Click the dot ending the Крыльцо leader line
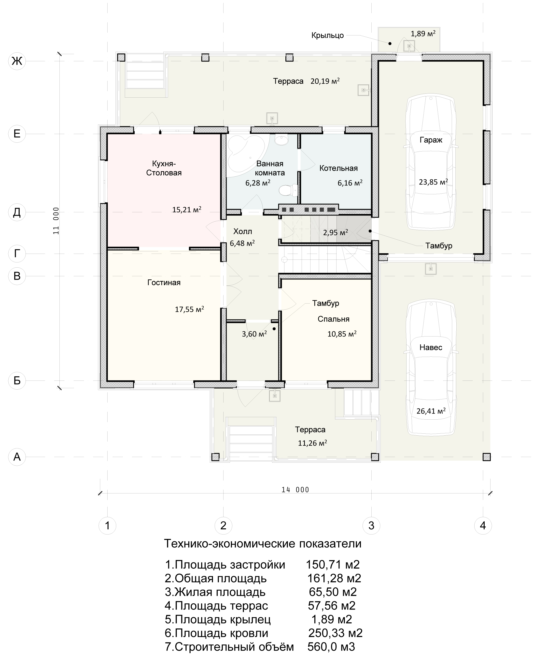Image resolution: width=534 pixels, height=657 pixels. [390, 44]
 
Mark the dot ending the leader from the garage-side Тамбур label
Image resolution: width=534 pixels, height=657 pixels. [370, 231]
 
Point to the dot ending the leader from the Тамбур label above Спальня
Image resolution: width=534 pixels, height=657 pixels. [274, 329]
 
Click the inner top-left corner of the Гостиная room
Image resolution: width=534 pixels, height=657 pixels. [107, 250]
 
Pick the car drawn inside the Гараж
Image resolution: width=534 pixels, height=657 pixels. [431, 163]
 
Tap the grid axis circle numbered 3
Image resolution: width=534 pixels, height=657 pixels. [371, 525]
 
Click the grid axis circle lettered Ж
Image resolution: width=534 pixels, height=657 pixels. [17, 61]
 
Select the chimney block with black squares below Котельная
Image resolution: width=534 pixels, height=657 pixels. [309, 210]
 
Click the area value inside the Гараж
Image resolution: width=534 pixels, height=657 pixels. [433, 182]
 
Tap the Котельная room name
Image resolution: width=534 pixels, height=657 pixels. [338, 168]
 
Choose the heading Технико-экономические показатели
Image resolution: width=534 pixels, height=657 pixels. [263, 544]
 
